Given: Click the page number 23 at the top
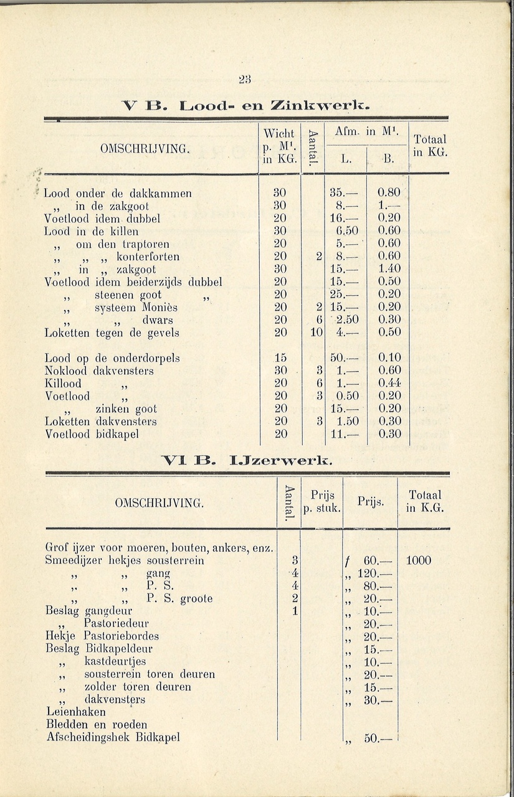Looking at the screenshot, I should (244, 79).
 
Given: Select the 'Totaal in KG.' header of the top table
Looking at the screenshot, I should (429, 147).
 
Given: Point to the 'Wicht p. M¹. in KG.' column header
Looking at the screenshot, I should (279, 146).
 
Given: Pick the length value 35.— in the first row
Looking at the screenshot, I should (345, 194).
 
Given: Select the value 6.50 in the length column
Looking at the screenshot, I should (346, 231).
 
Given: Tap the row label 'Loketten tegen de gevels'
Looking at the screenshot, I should (112, 333).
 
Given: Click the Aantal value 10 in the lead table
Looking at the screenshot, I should (316, 332).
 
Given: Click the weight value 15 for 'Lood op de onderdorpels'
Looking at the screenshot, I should (280, 358).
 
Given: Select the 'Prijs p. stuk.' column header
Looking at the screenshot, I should (321, 502).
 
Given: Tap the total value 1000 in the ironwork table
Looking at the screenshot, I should (418, 560).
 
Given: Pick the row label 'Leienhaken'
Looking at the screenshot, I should (76, 712).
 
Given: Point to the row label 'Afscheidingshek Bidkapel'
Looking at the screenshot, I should (113, 738).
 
